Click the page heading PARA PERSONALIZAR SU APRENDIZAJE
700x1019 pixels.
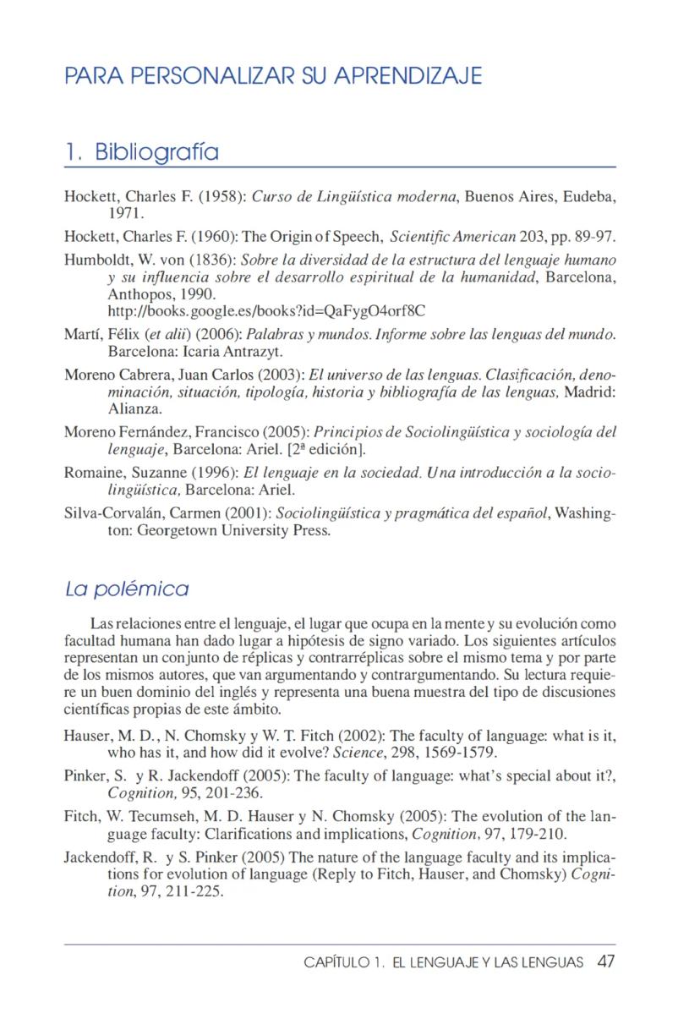point(273,76)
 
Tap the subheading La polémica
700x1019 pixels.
point(127,589)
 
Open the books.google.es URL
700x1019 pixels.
point(266,310)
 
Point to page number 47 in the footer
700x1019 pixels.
point(605,962)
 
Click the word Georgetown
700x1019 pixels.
point(179,531)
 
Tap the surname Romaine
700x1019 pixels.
point(92,472)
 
